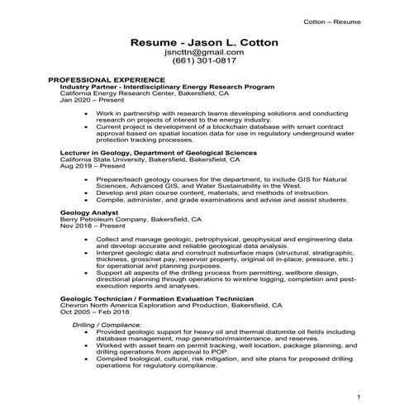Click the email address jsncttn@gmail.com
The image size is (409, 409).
coord(203,51)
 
